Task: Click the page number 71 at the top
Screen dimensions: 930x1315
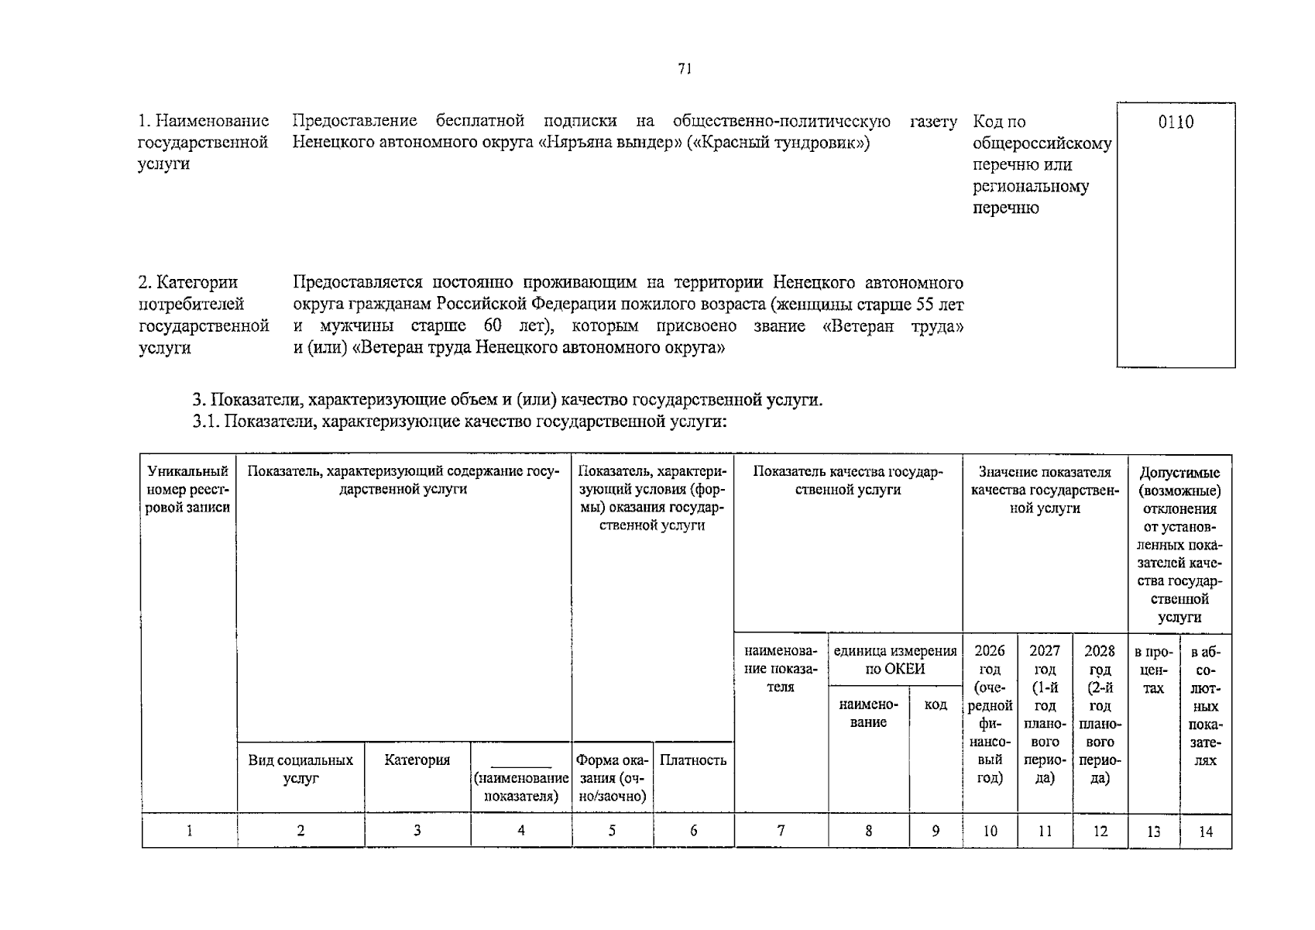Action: (684, 69)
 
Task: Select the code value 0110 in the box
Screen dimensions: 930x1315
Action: (1176, 122)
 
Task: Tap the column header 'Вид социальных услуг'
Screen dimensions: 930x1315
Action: (300, 769)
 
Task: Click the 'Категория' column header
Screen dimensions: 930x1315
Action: (417, 759)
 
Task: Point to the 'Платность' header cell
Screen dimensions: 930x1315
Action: (693, 759)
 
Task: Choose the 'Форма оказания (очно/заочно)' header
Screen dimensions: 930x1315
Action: (612, 777)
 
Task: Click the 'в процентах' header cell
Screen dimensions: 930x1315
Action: (1153, 669)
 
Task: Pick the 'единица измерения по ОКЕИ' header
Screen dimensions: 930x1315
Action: (895, 660)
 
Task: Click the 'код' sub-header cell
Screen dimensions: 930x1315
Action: (936, 704)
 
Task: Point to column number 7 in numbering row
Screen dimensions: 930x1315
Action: (781, 831)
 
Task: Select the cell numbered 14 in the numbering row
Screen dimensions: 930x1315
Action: (1206, 832)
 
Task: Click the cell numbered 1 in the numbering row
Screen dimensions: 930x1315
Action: (189, 831)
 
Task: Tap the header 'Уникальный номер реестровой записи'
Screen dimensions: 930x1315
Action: (189, 489)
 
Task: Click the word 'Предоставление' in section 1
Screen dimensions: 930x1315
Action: (355, 121)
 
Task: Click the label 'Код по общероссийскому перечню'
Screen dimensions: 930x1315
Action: (1041, 143)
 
